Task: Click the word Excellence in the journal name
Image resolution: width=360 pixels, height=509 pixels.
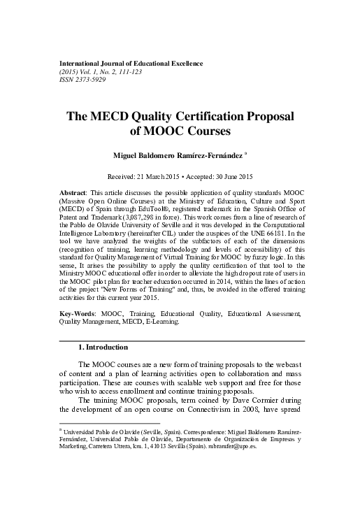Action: click(x=182, y=64)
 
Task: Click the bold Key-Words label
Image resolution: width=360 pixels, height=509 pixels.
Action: click(x=75, y=315)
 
